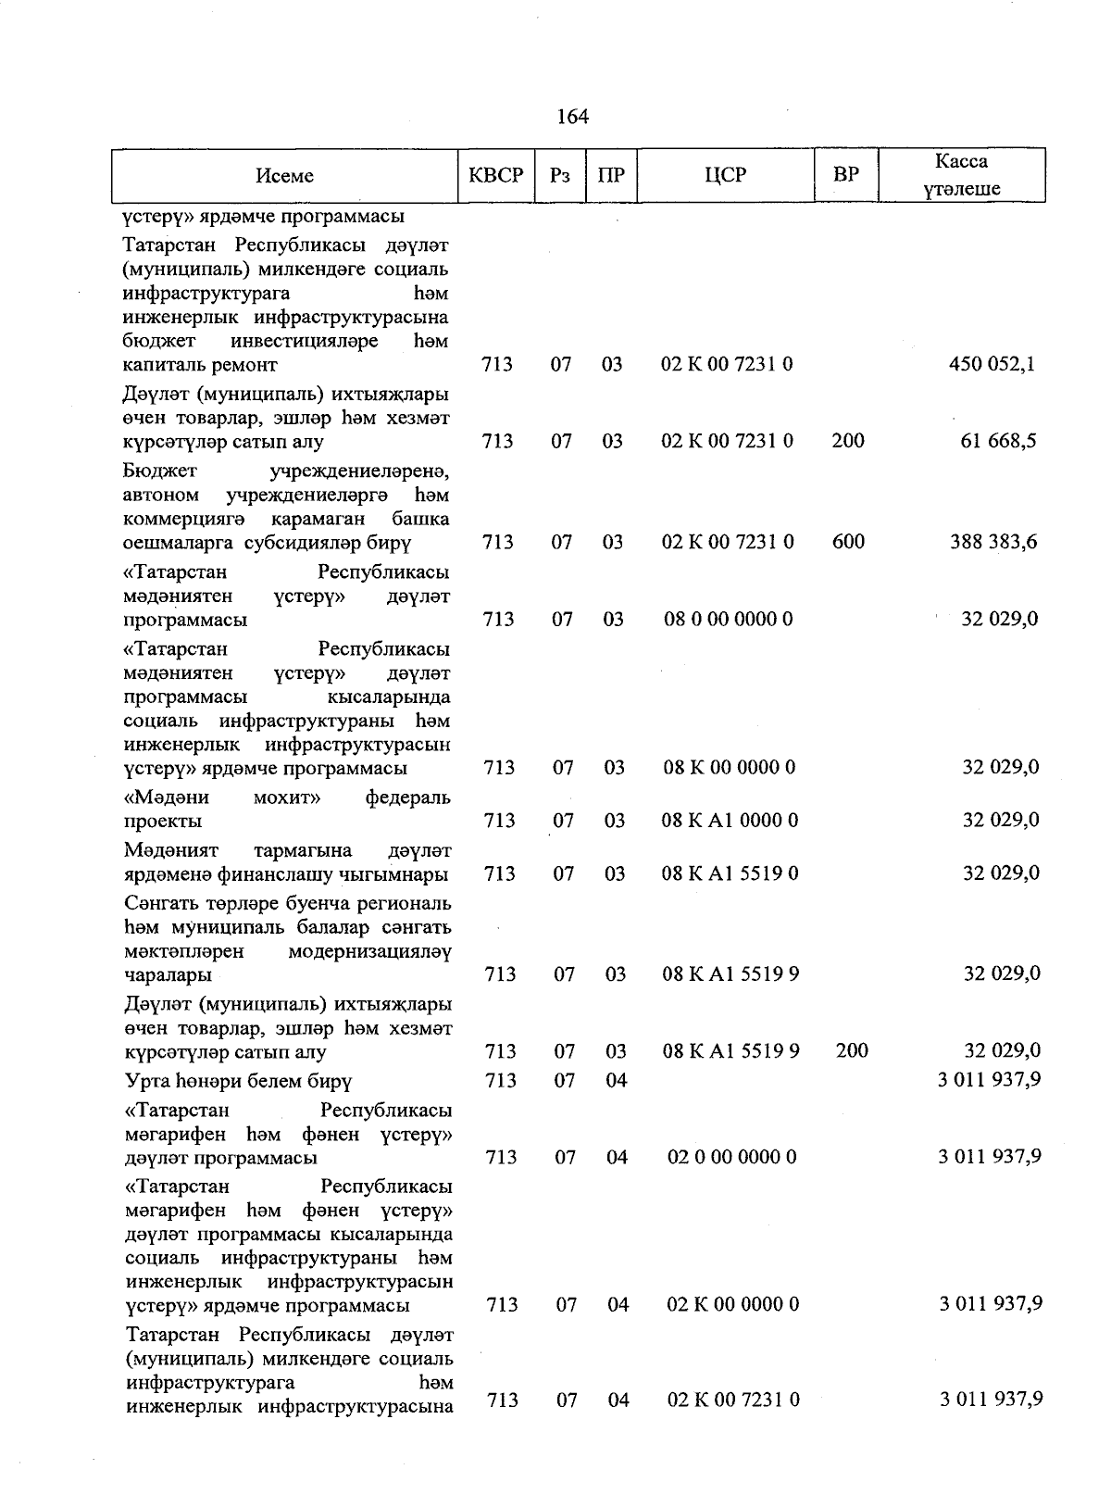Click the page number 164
573,117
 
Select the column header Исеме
284,175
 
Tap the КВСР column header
496,175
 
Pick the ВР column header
846,175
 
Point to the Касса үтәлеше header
961,175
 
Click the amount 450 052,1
992,364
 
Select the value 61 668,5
998,441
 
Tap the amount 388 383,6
992,542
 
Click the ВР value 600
848,542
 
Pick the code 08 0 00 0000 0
728,619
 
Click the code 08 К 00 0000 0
729,767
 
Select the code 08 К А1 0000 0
730,820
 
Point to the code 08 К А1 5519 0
730,873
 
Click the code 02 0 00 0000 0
731,1157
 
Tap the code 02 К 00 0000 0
732,1304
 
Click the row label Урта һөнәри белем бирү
238,1081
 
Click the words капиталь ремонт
200,365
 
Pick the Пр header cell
611,175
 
